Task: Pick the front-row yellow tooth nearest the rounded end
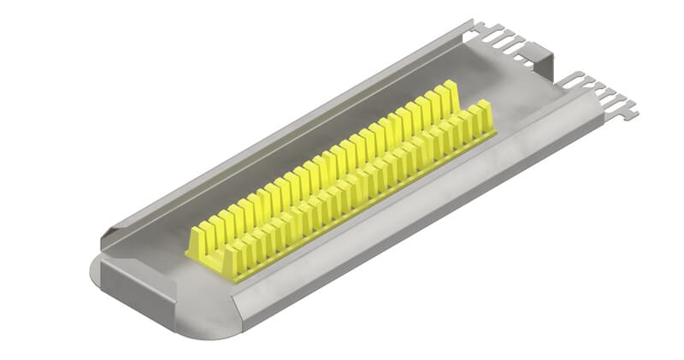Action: coord(233,261)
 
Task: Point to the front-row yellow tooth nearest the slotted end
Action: coord(484,115)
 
